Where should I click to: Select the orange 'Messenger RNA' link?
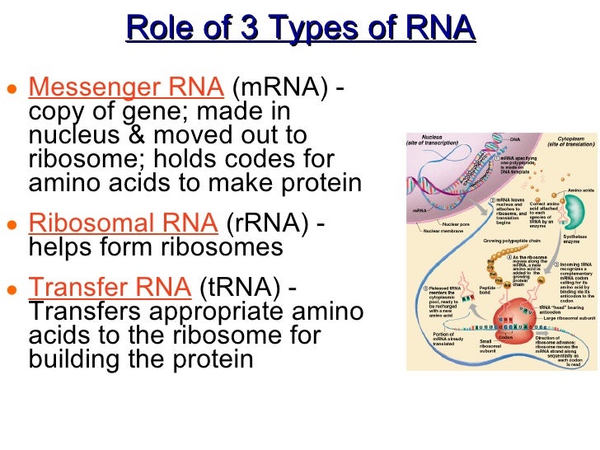pos(126,87)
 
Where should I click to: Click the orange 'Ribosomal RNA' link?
pos(123,223)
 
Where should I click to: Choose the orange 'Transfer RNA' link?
pos(110,288)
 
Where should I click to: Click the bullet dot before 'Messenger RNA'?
pos(11,90)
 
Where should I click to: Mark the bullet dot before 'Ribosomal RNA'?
pos(11,226)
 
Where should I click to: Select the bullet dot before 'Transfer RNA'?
pos(11,290)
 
